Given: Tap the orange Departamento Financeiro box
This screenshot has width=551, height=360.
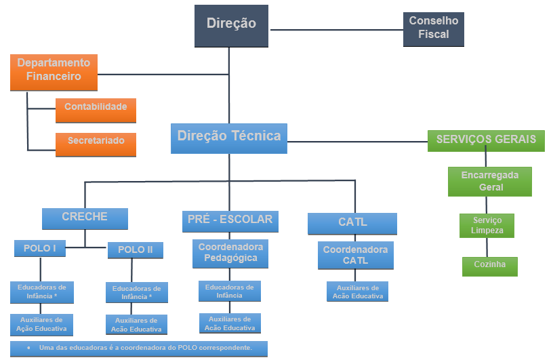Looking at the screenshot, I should (54, 71).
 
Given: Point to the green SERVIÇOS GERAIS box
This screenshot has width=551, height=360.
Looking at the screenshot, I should (486, 140).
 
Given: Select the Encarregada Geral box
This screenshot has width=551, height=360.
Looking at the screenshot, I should (489, 181).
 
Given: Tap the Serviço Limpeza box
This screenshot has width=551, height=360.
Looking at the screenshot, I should (487, 226).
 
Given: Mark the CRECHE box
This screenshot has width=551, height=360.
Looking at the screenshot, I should (85, 218).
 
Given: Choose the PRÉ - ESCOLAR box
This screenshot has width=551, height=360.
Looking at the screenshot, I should (230, 220).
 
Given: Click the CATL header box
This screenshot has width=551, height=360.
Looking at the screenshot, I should (352, 223).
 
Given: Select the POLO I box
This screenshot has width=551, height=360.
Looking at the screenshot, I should (39, 249).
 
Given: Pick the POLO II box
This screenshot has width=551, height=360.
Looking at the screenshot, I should (136, 250).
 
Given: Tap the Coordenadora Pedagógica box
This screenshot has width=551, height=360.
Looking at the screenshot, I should (230, 254).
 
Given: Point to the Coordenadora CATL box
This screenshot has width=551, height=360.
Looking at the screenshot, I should (355, 255).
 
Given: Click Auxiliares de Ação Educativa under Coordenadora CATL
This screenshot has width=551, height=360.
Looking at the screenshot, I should (357, 292).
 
